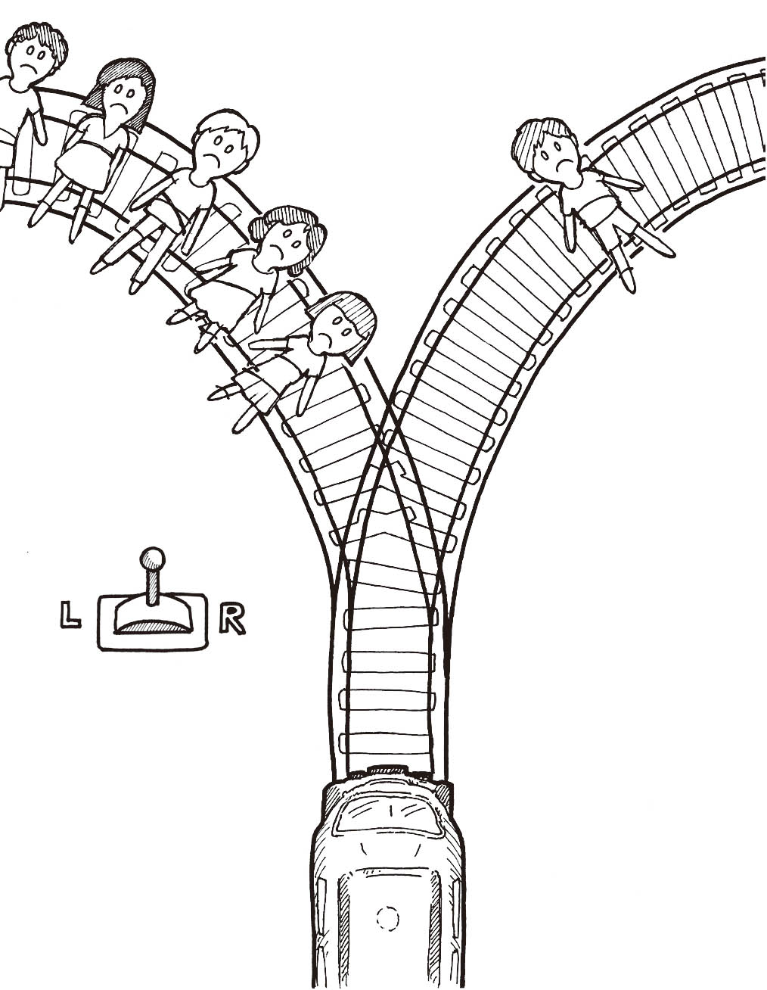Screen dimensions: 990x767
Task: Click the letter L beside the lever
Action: click(x=70, y=614)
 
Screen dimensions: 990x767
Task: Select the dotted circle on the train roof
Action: click(x=387, y=918)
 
